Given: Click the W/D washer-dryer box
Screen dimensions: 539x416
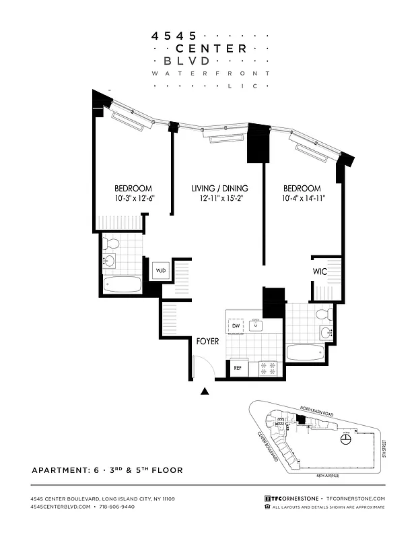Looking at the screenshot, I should click(161, 271).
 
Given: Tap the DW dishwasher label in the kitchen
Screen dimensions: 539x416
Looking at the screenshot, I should click(236, 326).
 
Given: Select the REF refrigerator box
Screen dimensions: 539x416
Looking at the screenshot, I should click(238, 369).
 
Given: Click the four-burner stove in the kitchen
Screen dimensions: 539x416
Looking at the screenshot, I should click(269, 369).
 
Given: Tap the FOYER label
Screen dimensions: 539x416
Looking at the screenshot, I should click(207, 342).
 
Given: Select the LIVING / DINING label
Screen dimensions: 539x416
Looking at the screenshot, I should click(219, 188).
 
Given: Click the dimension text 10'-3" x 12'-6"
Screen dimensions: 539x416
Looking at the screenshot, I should click(133, 198).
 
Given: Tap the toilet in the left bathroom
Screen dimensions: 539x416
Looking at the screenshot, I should click(112, 243).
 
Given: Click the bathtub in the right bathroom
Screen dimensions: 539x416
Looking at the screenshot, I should click(307, 352).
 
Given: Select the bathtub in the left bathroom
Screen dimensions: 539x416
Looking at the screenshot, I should click(123, 284).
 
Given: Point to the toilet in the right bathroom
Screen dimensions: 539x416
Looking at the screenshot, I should click(324, 314).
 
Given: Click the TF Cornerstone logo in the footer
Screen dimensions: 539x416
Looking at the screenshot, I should click(292, 498).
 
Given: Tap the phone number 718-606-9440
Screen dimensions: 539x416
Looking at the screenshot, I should click(116, 506).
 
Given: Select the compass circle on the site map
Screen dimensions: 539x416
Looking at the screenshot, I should click(346, 439).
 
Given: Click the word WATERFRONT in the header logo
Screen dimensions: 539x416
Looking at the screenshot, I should click(211, 73).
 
